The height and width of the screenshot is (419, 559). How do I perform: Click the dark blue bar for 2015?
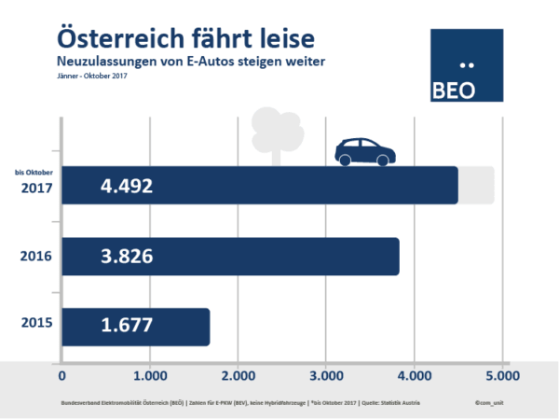[x=136, y=327]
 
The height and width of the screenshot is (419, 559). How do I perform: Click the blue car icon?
[x=364, y=152]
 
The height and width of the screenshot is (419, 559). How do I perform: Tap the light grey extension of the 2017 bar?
[x=476, y=185]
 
